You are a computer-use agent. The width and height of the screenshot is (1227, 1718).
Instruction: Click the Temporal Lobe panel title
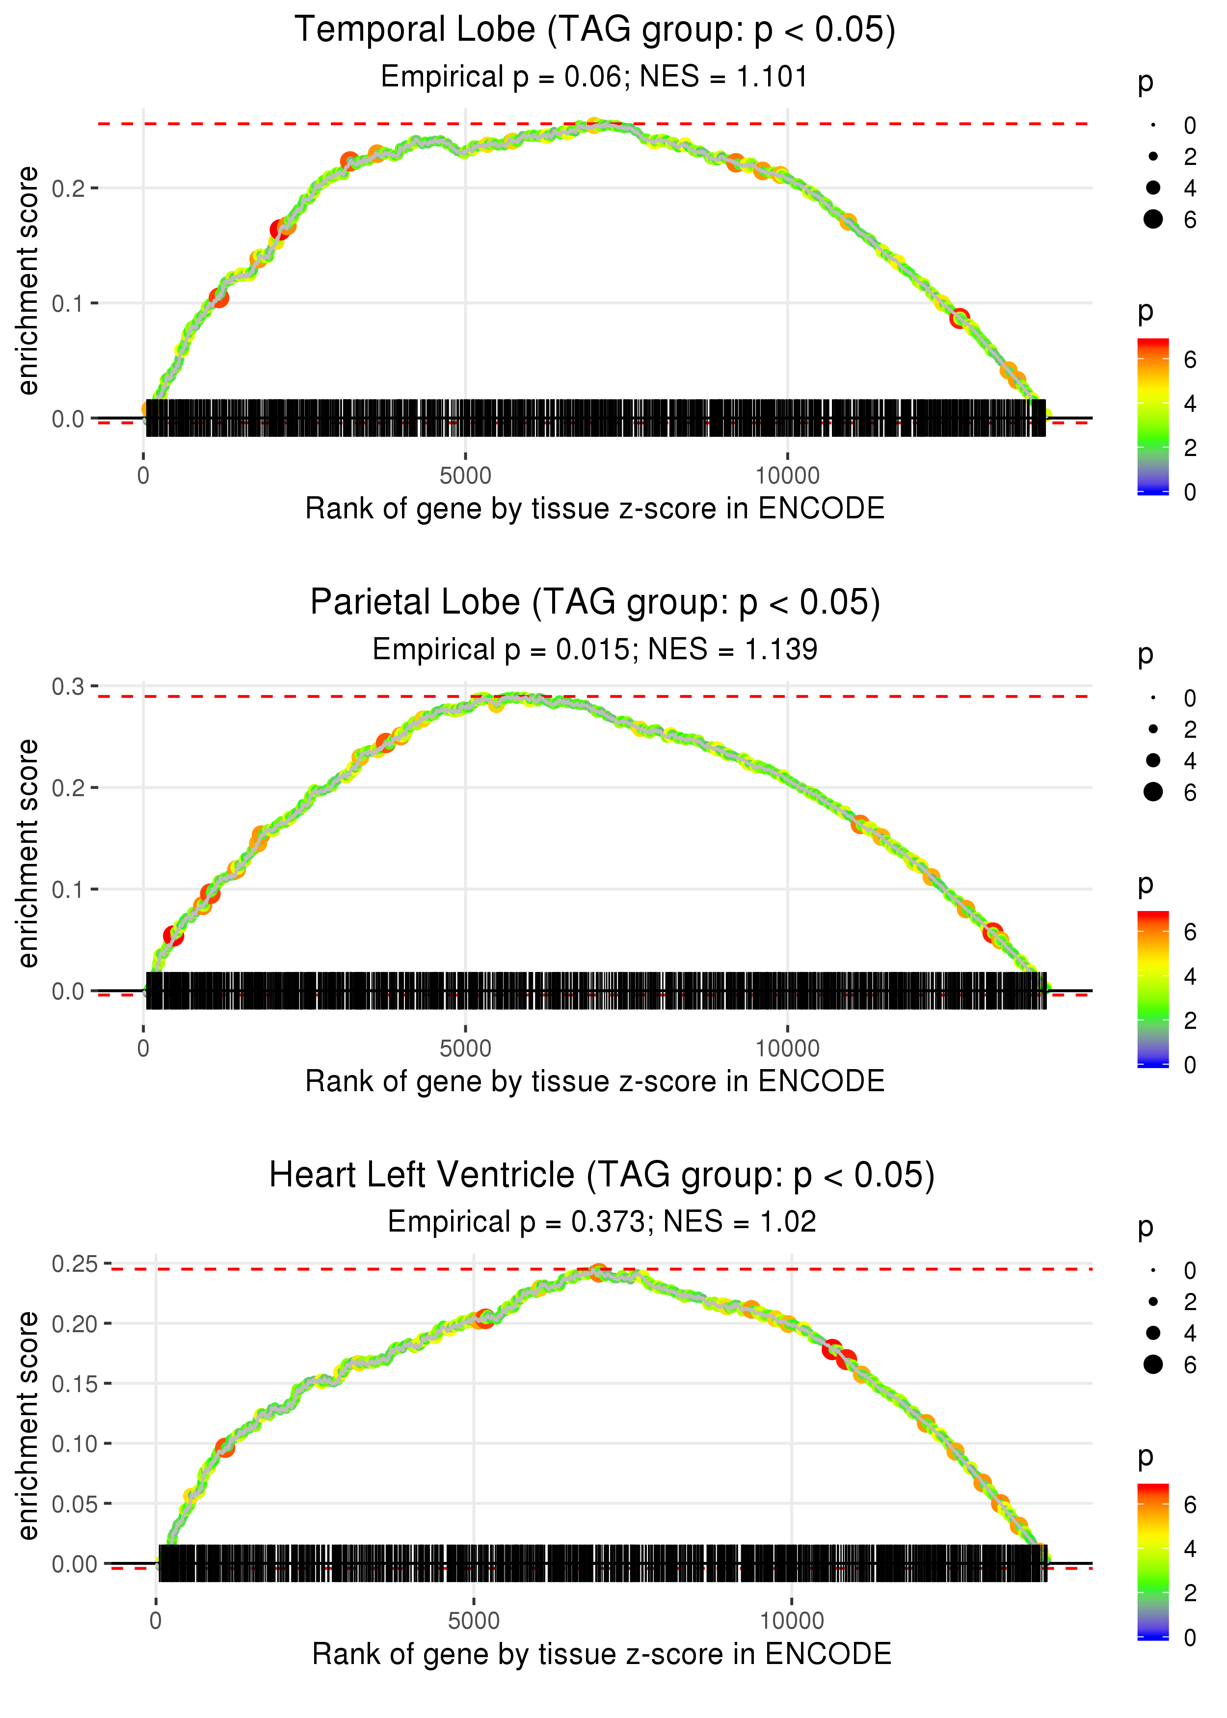[x=595, y=30]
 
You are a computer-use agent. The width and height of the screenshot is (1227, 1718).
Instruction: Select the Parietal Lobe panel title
[x=595, y=603]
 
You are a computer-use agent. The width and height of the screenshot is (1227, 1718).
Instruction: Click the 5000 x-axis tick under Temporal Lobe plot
[x=465, y=476]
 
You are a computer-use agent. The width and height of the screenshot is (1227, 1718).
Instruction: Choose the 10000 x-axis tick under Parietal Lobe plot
[x=787, y=1048]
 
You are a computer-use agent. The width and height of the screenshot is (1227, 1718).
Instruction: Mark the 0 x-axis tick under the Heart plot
[x=156, y=1621]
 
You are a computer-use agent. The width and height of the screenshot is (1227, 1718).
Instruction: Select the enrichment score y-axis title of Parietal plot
[x=28, y=854]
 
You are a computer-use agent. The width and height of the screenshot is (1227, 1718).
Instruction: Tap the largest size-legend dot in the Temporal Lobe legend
[x=1153, y=219]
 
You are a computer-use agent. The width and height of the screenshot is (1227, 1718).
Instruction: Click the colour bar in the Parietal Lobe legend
[x=1153, y=989]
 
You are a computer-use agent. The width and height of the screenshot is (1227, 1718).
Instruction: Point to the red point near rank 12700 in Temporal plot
[x=960, y=317]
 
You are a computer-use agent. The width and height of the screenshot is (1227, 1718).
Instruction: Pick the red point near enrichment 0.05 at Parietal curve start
[x=173, y=936]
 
